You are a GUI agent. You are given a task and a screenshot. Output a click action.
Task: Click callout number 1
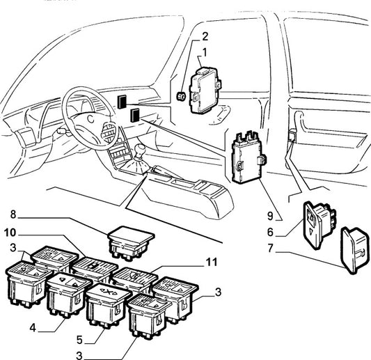click(x=205, y=52)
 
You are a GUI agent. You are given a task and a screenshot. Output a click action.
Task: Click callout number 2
click(x=205, y=36)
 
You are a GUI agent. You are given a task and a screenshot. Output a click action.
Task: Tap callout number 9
click(x=270, y=216)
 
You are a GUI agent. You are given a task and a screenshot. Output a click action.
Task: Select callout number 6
click(x=271, y=232)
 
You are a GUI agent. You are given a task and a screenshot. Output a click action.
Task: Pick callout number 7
click(x=271, y=249)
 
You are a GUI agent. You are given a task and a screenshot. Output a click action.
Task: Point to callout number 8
click(x=13, y=214)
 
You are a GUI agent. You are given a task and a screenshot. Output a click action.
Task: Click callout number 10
click(x=10, y=233)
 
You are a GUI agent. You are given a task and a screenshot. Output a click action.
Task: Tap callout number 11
click(x=212, y=263)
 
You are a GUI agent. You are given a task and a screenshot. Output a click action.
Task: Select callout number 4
click(x=33, y=328)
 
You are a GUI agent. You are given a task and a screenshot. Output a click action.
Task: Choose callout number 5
click(x=79, y=340)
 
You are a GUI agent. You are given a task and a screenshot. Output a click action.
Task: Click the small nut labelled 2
click(x=182, y=96)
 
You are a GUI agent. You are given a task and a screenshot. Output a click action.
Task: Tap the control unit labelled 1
click(x=205, y=91)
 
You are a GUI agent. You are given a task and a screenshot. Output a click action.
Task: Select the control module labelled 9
click(x=248, y=157)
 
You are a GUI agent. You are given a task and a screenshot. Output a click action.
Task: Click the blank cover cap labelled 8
click(x=131, y=244)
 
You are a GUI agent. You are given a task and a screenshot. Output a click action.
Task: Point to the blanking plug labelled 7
click(x=354, y=250)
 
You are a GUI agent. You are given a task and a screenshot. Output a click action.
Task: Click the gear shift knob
click(x=140, y=150)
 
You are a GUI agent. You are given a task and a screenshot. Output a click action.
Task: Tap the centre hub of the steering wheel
click(x=90, y=119)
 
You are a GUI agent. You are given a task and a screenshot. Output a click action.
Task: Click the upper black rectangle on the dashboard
click(x=122, y=102)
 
